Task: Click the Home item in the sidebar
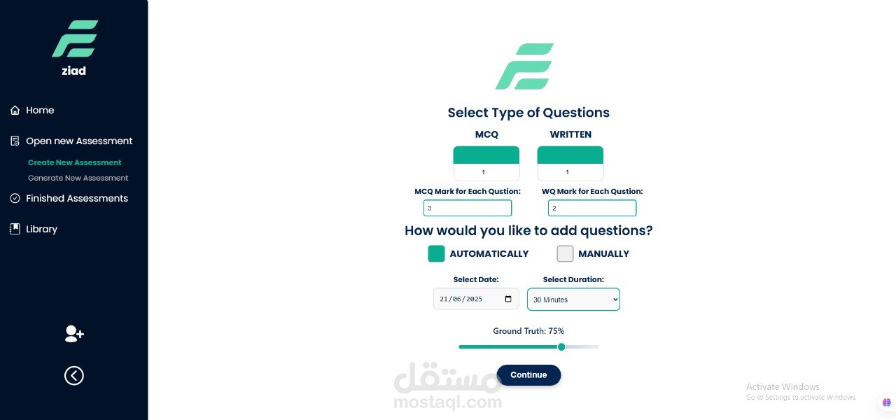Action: click(32, 110)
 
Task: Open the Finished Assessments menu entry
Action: click(69, 198)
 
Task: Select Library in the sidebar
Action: click(34, 229)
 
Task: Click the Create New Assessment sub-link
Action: click(74, 162)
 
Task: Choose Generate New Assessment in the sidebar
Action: click(78, 178)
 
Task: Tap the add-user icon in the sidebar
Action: click(74, 334)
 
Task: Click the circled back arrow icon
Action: click(74, 376)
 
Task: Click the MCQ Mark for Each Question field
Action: click(468, 208)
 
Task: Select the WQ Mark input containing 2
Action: click(592, 208)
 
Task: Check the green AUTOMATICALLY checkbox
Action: click(436, 253)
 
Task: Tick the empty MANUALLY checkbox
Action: click(565, 253)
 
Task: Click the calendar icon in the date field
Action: click(508, 299)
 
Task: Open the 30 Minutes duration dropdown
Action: click(573, 299)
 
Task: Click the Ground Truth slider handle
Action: click(561, 346)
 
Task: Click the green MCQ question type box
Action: click(486, 155)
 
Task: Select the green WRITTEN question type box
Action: click(570, 155)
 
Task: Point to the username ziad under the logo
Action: click(74, 71)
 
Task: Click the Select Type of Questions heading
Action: click(528, 113)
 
